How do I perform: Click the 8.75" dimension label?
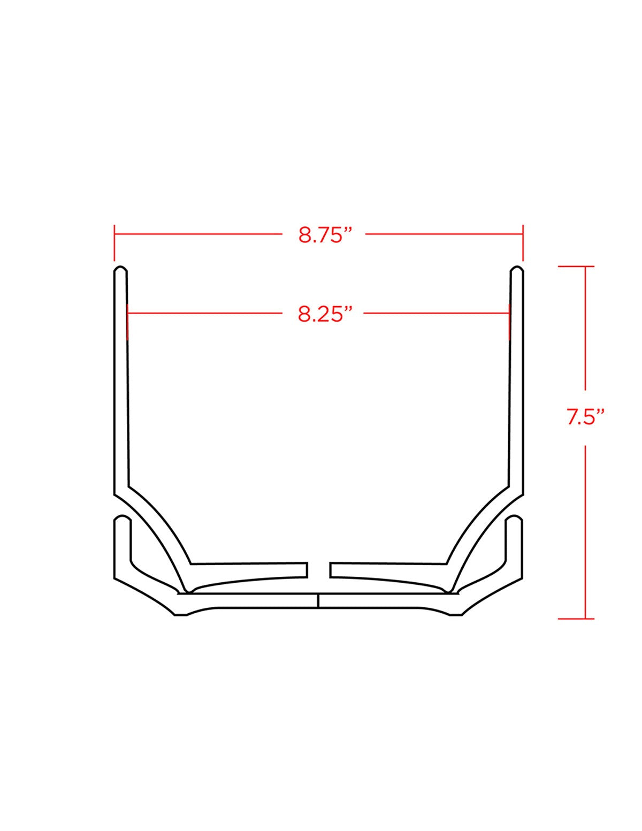325,235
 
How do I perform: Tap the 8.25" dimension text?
325,314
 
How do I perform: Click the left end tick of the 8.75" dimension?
114,243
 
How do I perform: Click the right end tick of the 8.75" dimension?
523,243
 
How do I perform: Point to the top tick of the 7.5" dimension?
576,266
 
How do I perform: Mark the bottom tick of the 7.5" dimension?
576,619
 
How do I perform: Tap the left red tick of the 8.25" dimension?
127,322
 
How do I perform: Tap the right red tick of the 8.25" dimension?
509,322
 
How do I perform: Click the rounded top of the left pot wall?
121,268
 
